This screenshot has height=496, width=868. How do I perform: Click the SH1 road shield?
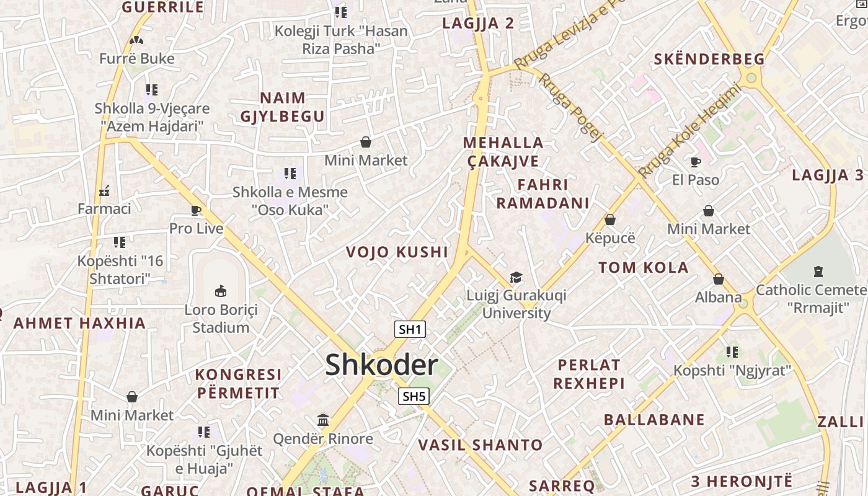click(410, 329)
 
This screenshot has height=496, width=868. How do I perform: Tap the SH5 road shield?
click(414, 396)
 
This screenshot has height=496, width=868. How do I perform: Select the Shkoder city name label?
click(381, 365)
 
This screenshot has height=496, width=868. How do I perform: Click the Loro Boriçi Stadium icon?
click(220, 291)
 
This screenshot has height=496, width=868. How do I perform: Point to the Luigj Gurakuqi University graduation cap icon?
click(516, 277)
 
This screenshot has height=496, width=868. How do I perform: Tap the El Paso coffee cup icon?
click(696, 162)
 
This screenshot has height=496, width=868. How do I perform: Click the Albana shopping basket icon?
click(718, 279)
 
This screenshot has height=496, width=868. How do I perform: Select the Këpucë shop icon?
click(610, 219)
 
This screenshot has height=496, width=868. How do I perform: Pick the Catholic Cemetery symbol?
click(818, 272)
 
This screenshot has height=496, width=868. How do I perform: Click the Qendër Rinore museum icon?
click(323, 420)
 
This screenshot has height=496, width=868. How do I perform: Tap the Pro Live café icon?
click(196, 210)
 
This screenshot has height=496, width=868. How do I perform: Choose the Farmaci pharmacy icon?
click(104, 190)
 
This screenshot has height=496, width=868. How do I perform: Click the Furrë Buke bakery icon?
click(136, 41)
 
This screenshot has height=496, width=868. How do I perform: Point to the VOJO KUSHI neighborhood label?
click(397, 252)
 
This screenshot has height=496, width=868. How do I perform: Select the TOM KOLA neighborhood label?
click(643, 268)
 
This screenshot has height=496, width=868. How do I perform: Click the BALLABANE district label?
click(654, 420)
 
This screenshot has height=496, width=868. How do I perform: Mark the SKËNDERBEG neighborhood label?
click(709, 60)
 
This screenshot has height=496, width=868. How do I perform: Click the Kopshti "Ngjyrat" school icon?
click(732, 352)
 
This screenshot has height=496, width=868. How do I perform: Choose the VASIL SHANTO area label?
click(480, 445)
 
